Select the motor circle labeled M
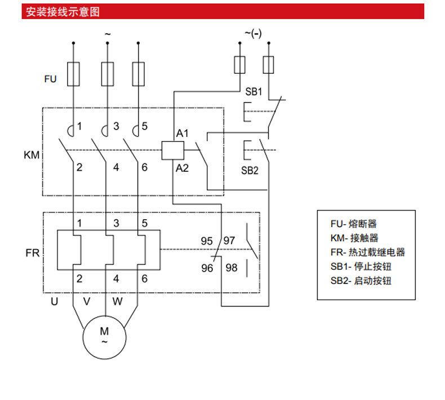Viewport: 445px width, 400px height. [x=104, y=335]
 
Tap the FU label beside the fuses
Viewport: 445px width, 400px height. [x=51, y=79]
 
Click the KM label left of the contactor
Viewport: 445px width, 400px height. [x=32, y=154]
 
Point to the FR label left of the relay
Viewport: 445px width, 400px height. [x=32, y=253]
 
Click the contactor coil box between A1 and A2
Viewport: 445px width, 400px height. [x=173, y=149]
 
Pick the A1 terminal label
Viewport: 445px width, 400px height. [x=183, y=134]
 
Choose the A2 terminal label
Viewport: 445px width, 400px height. [x=182, y=168]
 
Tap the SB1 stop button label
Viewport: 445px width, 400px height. [x=254, y=91]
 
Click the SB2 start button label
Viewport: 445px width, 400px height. [x=250, y=170]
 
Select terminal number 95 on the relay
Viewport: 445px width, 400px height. [x=207, y=241]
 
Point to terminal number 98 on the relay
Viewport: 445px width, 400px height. [x=232, y=268]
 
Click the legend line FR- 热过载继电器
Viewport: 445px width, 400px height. [x=368, y=252]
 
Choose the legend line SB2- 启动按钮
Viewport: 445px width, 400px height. [x=361, y=280]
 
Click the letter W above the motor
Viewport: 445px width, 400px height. [x=117, y=301]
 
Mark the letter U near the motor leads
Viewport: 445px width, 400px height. [x=55, y=301]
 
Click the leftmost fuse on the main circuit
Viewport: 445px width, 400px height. [x=73, y=74]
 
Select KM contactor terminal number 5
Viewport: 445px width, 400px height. [x=145, y=126]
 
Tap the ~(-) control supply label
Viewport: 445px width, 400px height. [x=253, y=33]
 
